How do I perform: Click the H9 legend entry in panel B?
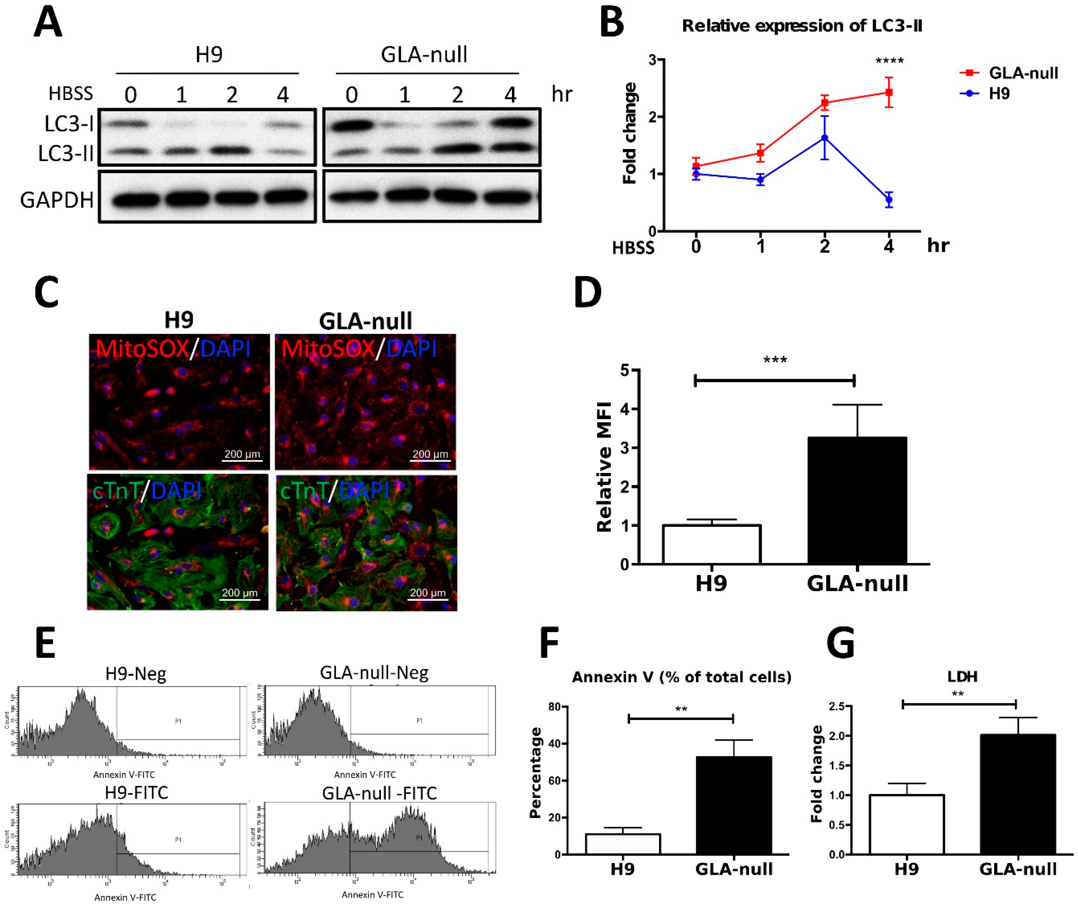point(999,94)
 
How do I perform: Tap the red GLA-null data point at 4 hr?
point(889,92)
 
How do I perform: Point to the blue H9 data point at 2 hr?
point(825,138)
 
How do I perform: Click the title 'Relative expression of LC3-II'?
point(802,26)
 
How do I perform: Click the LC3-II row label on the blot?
point(65,153)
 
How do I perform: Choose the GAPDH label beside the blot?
point(57,200)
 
